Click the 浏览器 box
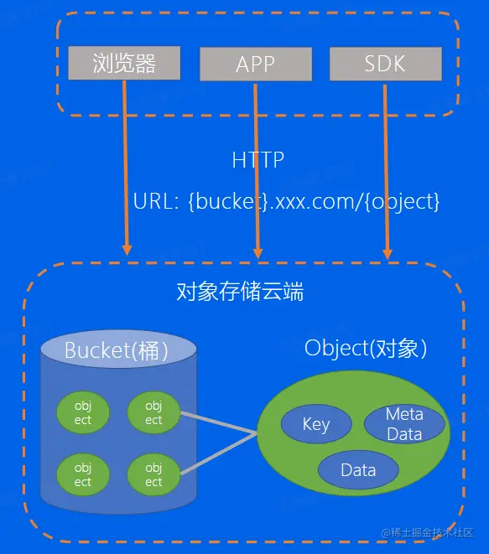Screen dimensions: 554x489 tap(124, 64)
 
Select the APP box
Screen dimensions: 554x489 tap(255, 65)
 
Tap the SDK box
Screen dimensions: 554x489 tap(385, 64)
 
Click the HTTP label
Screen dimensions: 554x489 tap(258, 159)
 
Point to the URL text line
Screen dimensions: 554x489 tap(286, 202)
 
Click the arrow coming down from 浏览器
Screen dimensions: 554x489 tap(125, 168)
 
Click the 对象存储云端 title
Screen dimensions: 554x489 tap(240, 292)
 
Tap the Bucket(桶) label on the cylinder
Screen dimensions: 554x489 tap(117, 350)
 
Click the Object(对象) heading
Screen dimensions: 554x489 tap(366, 348)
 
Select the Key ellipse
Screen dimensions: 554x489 tap(316, 424)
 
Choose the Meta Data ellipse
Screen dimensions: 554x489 tap(404, 424)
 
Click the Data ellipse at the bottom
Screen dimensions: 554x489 tap(358, 469)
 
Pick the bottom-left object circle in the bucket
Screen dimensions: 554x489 tap(83, 475)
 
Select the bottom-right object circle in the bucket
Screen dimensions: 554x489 tap(153, 475)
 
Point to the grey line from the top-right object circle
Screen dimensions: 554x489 tap(218, 422)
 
